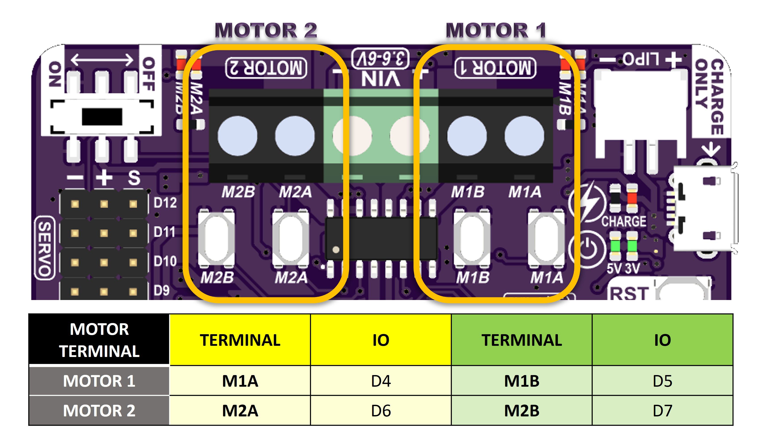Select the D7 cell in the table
point(662,410)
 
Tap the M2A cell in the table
point(240,410)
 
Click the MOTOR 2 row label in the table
point(99,410)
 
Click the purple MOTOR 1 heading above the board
point(496,30)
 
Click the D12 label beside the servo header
point(165,203)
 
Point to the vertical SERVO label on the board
point(45,248)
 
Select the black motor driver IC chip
point(381,238)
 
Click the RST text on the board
point(629,293)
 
